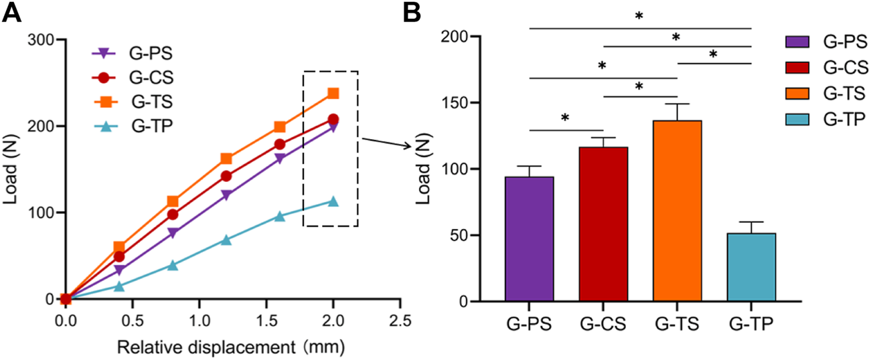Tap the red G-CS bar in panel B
click(603, 224)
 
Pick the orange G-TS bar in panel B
click(678, 211)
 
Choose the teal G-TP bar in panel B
click(751, 267)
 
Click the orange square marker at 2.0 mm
click(333, 93)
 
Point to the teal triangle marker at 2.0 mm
click(333, 201)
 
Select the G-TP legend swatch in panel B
click(802, 118)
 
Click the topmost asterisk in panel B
click(639, 16)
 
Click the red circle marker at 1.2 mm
click(226, 176)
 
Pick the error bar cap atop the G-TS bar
click(678, 104)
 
